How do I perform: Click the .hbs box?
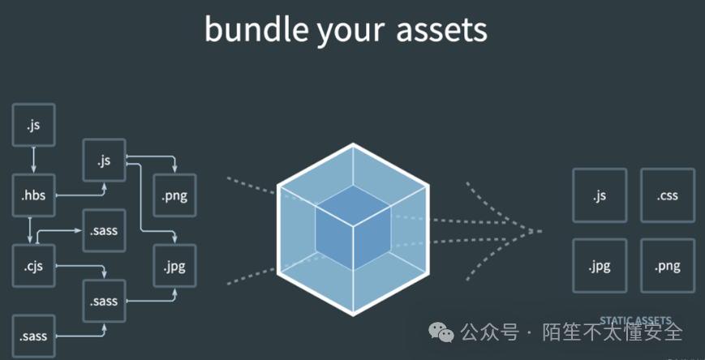(34, 195)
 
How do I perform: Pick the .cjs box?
(34, 266)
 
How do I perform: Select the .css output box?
(668, 195)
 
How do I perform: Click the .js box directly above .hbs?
(34, 125)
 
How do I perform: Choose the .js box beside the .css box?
(600, 195)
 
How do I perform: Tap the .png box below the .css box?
(668, 266)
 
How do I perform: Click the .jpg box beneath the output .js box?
(600, 266)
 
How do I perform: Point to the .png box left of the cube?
(175, 195)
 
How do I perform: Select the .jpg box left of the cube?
(175, 266)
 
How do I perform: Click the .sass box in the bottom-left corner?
(34, 336)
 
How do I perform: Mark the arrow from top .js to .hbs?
(34, 160)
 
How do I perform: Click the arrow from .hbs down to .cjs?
(30, 230)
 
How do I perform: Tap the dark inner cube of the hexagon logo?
(353, 227)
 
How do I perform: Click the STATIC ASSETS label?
(635, 320)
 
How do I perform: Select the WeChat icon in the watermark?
(441, 332)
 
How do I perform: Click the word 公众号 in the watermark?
(489, 332)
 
